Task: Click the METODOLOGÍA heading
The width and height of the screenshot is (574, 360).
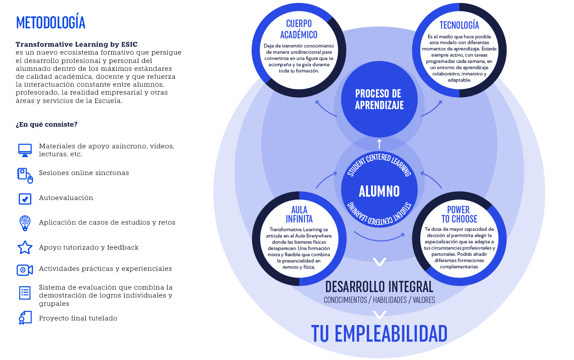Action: point(50,22)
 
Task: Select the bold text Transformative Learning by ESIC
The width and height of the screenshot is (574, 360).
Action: point(76,44)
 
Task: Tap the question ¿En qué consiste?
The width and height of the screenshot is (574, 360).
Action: point(46,125)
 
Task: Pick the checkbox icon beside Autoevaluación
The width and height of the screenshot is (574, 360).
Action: point(25,199)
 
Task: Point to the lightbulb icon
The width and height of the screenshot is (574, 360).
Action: point(25,223)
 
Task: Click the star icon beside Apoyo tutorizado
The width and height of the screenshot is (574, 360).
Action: point(25,247)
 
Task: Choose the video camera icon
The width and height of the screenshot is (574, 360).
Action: point(25,270)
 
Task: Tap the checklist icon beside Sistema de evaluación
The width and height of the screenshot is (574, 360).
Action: point(25,292)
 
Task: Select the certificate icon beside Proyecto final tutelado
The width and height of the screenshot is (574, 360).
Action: point(25,317)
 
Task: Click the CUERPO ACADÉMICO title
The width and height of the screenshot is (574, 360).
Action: point(298,29)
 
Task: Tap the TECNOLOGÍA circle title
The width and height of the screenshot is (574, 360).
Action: point(459,25)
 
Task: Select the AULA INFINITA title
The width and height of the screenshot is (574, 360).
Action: point(299,214)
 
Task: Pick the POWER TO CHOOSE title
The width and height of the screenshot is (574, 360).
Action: point(459,214)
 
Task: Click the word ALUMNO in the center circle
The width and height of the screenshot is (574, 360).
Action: point(379,191)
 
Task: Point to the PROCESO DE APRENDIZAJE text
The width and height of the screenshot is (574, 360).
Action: point(379,100)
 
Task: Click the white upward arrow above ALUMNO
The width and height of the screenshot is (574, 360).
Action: point(379,144)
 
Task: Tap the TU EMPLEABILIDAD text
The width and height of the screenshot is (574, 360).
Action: point(379,333)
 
